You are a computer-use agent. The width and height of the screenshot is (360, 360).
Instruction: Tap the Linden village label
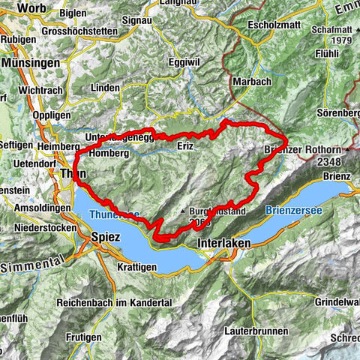[x=105, y=88]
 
